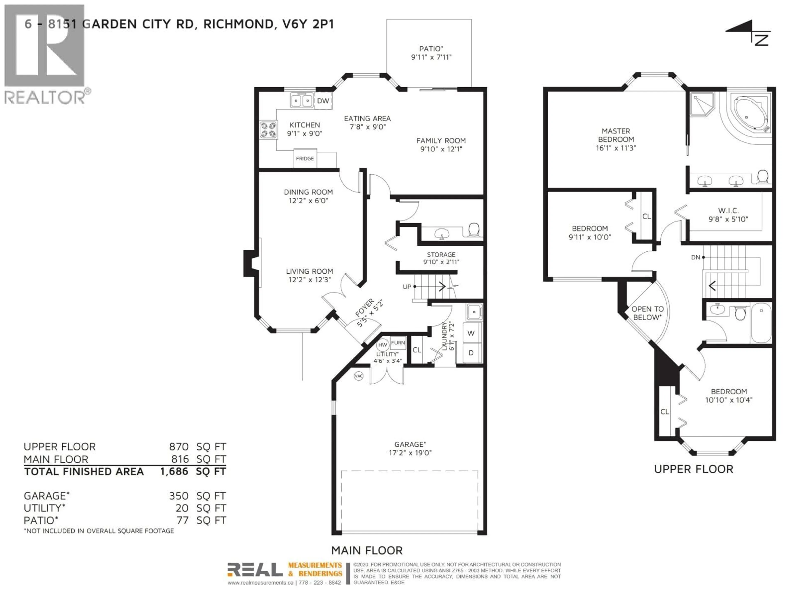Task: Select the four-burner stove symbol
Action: coord(268,130)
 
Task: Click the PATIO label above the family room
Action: coord(431,49)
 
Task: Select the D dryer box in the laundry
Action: coord(471,353)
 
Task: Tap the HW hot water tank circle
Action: coord(382,345)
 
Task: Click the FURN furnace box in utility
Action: coord(398,343)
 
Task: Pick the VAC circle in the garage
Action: coord(358,376)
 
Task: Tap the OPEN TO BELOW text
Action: coord(647,313)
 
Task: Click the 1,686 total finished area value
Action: coord(174,471)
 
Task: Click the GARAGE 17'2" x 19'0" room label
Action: coord(410,448)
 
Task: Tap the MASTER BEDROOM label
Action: coord(616,135)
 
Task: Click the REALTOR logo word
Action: coord(45,97)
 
